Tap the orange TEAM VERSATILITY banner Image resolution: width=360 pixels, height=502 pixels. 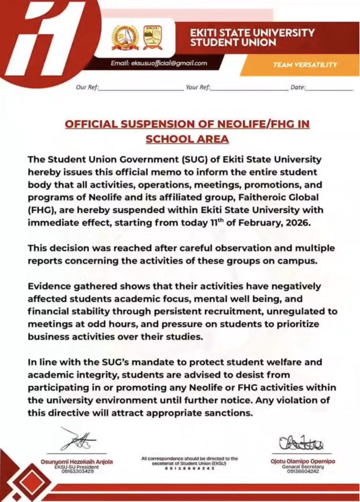305,64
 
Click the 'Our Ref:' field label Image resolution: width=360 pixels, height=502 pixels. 87,87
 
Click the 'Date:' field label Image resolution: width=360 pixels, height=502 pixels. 298,87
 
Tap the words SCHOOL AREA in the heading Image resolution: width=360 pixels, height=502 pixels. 187,139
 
